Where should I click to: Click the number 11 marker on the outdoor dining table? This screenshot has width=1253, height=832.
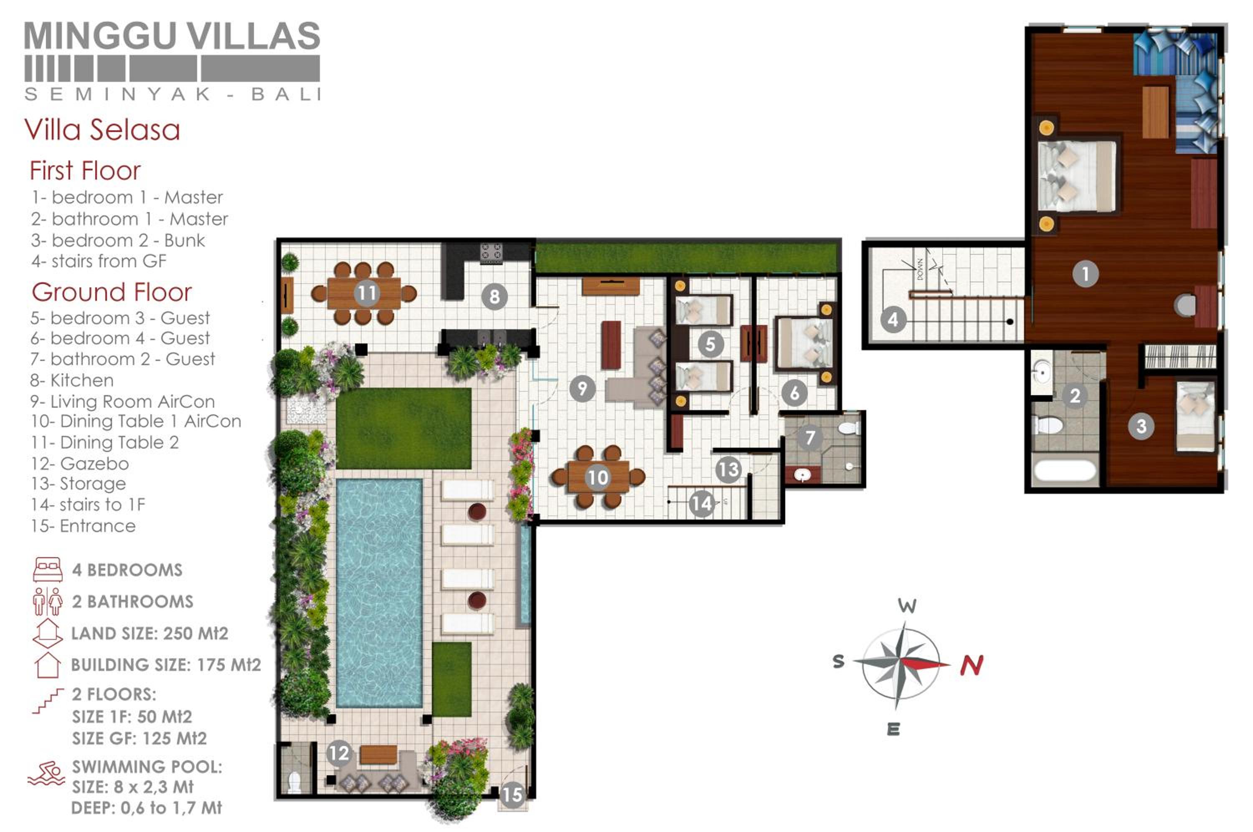366,292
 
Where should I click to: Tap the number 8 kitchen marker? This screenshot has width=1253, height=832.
495,296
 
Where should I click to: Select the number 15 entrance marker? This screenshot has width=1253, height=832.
512,794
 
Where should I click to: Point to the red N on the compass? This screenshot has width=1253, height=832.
972,665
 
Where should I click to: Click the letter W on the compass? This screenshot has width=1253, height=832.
907,606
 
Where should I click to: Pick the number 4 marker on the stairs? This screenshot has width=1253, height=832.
893,320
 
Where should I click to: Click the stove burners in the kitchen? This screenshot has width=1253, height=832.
491,253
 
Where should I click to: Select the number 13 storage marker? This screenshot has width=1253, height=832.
728,469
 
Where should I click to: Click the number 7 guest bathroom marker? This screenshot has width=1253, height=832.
809,437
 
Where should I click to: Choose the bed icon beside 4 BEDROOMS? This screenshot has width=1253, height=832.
48,570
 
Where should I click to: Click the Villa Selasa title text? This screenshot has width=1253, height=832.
102,130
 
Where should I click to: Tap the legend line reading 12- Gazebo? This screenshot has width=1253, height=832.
80,463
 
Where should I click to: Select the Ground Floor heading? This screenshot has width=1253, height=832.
112,292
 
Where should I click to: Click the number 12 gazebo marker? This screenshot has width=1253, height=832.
338,753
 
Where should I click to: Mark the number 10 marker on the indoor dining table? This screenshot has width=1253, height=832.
598,477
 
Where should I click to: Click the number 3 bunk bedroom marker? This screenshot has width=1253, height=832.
1141,426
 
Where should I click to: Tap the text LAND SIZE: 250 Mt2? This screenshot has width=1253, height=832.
150,634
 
